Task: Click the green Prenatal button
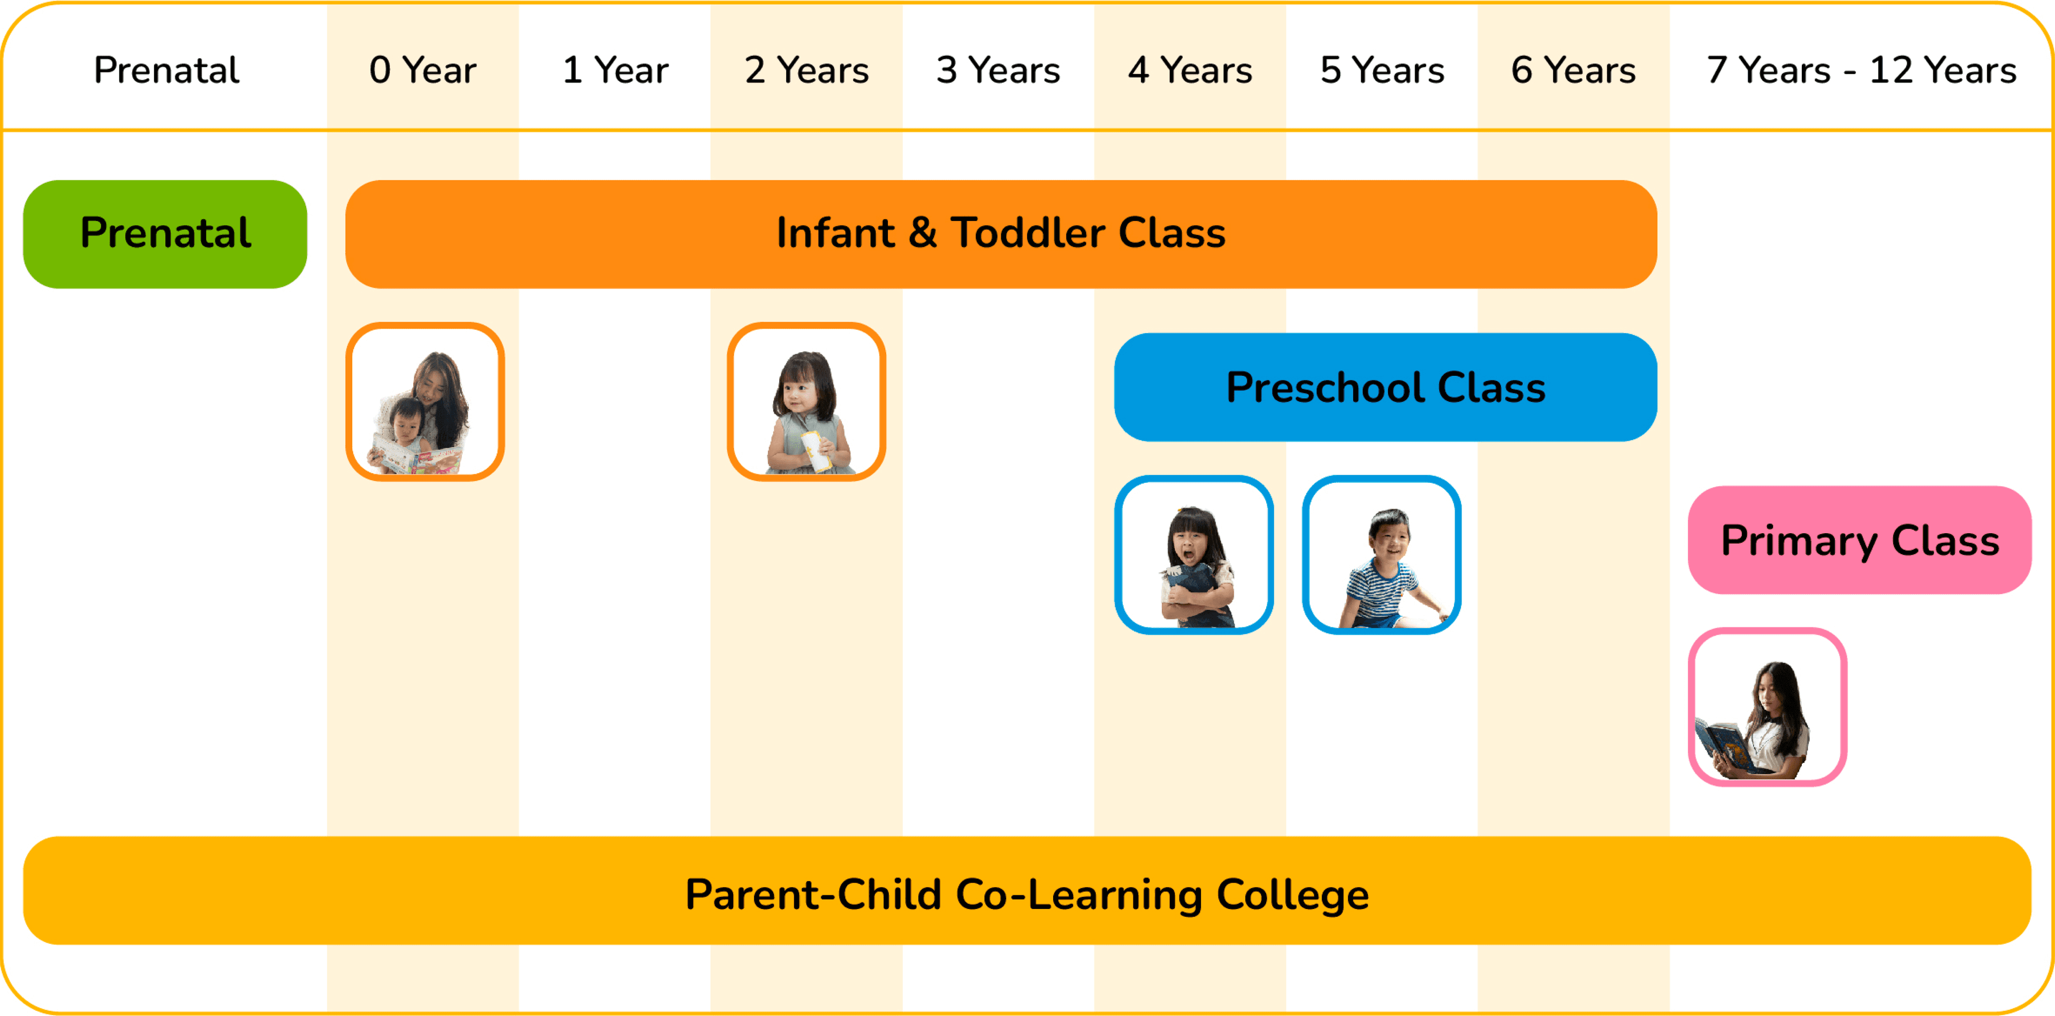[x=165, y=234]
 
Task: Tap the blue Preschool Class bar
[x=1385, y=387]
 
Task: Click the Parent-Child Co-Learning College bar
[x=1027, y=891]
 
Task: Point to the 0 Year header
[x=423, y=70]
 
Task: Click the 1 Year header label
[x=615, y=70]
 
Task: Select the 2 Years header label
[x=806, y=70]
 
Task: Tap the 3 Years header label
[x=998, y=70]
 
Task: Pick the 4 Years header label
[x=1190, y=70]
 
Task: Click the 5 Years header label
[x=1382, y=70]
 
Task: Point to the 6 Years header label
[x=1573, y=70]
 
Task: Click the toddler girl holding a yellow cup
[x=806, y=401]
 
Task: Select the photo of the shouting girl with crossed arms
[x=1193, y=555]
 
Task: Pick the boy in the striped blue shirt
[x=1382, y=555]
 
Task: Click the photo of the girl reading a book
[x=1767, y=707]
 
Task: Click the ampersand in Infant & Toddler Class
[x=922, y=233]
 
